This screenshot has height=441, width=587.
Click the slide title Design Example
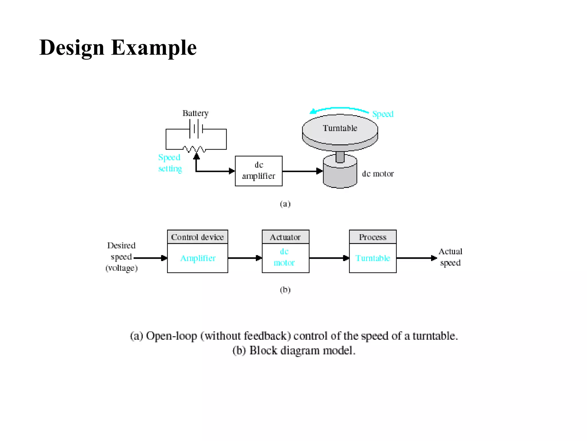(x=118, y=48)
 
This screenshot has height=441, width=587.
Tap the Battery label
(x=195, y=113)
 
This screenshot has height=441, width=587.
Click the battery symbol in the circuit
(x=196, y=129)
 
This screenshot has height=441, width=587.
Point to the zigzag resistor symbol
(x=194, y=149)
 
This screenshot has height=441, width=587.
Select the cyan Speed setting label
(x=170, y=163)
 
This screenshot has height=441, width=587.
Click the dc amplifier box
(x=259, y=171)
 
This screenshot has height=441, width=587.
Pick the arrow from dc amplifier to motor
(x=302, y=171)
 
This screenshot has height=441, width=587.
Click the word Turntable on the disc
(x=340, y=128)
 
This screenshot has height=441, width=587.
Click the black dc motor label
(x=378, y=174)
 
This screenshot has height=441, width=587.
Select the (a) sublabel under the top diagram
(x=285, y=204)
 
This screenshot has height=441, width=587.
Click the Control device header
(x=197, y=237)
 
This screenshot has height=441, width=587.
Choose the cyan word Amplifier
(x=198, y=258)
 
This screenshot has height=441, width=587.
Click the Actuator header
(x=285, y=237)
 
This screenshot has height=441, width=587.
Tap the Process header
(x=373, y=237)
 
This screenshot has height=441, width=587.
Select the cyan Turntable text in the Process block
(x=373, y=258)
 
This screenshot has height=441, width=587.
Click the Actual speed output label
(x=450, y=257)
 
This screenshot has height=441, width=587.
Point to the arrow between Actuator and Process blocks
(x=329, y=258)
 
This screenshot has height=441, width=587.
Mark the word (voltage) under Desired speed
(x=122, y=268)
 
